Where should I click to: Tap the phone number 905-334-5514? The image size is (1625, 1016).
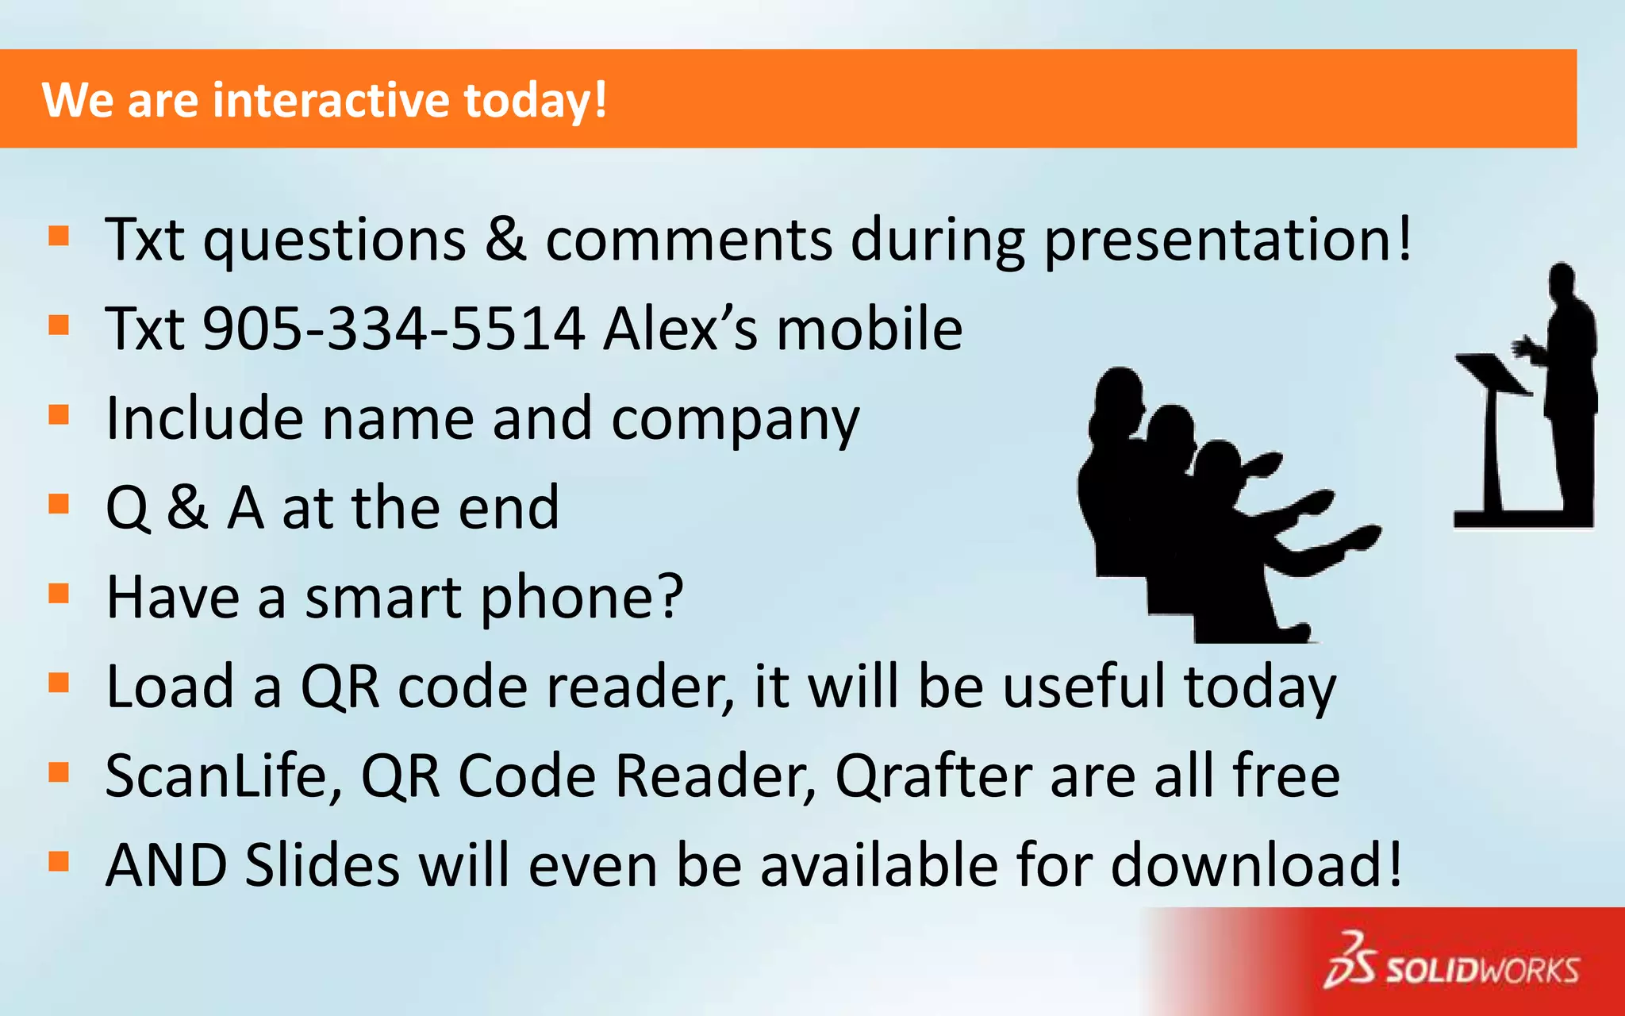point(394,329)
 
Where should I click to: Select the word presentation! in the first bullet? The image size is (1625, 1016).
point(1227,240)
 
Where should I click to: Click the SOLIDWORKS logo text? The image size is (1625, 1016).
point(1482,970)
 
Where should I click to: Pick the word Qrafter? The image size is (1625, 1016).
point(934,776)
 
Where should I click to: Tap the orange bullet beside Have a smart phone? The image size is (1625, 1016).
point(60,594)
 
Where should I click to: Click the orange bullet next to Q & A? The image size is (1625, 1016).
point(60,504)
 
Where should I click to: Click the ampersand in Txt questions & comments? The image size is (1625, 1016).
point(505,240)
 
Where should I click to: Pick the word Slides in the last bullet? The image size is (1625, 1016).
point(322,865)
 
